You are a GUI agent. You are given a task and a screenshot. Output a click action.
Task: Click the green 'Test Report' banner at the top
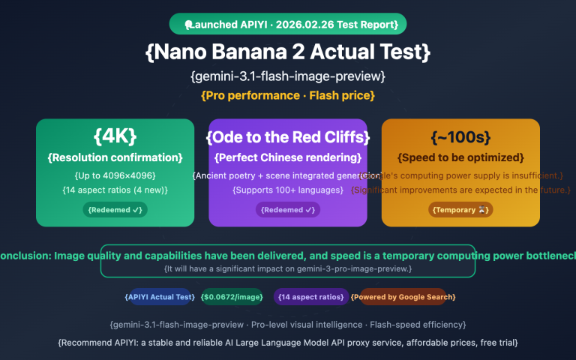(288, 24)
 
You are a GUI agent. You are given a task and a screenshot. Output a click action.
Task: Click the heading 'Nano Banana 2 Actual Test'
(288, 52)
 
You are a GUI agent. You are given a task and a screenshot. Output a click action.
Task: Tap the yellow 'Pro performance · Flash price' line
(288, 95)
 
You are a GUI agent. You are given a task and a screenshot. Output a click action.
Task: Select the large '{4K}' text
(115, 136)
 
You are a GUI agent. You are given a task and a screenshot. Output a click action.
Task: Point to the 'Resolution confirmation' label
(115, 157)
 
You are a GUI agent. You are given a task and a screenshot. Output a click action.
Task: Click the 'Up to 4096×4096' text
(115, 175)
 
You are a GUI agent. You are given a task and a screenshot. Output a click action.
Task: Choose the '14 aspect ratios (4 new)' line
(115, 190)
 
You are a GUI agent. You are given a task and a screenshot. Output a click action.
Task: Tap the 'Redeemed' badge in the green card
(115, 210)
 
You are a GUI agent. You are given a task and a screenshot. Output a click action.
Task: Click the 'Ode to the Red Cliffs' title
(288, 137)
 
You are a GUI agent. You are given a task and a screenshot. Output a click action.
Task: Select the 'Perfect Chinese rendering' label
(288, 157)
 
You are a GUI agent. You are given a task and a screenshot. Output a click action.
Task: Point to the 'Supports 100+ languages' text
(288, 190)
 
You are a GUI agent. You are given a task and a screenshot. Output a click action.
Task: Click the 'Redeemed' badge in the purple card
(288, 210)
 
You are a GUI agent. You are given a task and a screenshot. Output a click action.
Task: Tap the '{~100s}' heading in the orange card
(460, 137)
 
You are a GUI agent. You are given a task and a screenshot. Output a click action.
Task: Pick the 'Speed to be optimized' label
(460, 157)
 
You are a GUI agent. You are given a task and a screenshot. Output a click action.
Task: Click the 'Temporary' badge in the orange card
(460, 210)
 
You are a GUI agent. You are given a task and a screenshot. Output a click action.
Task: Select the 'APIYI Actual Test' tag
(160, 297)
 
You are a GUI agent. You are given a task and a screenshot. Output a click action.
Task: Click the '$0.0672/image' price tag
(232, 297)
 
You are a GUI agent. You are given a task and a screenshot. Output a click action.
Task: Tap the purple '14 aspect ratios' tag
(311, 297)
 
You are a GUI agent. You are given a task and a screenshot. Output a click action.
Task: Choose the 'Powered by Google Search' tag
(403, 297)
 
